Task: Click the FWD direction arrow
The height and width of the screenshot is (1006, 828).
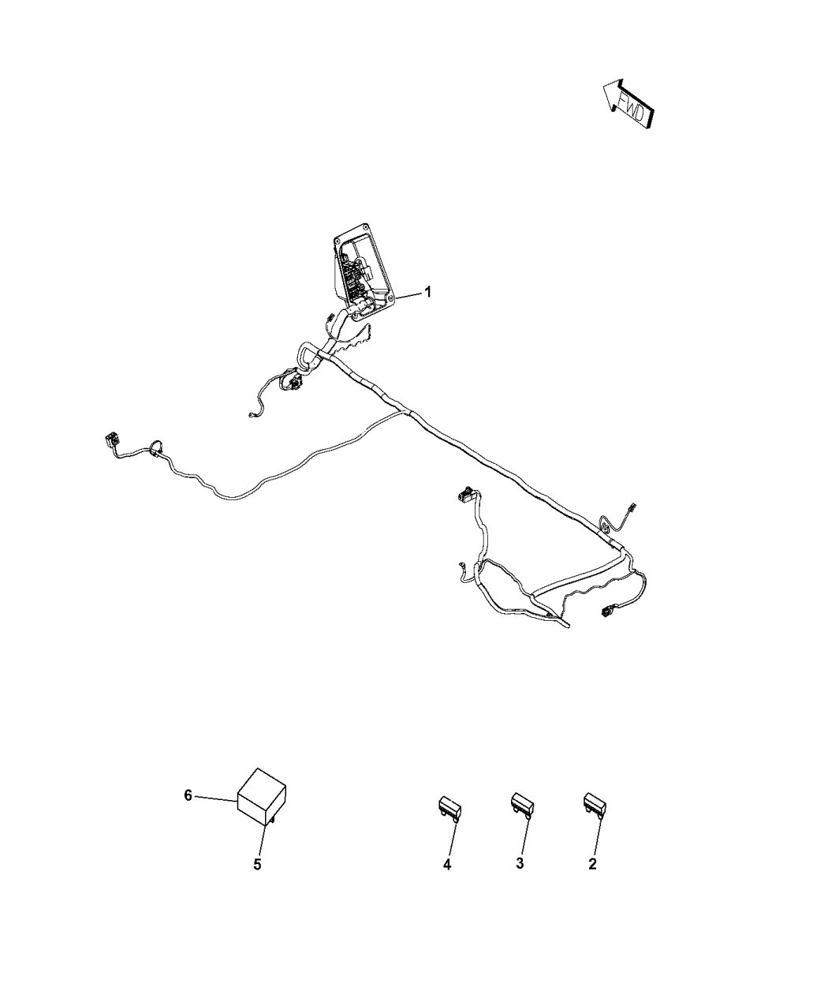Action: [x=628, y=104]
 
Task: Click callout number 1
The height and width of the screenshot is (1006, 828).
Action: [x=427, y=292]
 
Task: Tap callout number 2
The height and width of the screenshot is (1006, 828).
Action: [x=592, y=864]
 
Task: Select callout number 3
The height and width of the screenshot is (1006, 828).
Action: [x=520, y=863]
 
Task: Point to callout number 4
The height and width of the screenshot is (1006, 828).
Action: [x=447, y=865]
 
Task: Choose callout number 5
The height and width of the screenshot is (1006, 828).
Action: [x=257, y=865]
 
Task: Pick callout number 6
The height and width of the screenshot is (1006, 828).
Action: [x=188, y=795]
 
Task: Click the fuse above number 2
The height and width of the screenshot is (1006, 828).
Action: [x=595, y=805]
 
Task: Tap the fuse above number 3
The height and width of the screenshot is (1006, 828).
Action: [x=522, y=805]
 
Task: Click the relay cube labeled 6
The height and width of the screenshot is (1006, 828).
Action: [x=262, y=796]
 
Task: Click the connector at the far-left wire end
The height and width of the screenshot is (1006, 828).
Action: [x=111, y=440]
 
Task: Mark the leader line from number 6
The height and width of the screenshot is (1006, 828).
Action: [x=216, y=798]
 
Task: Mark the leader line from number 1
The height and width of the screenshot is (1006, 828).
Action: [x=408, y=295]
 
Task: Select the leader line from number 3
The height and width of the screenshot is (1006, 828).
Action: [x=525, y=836]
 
